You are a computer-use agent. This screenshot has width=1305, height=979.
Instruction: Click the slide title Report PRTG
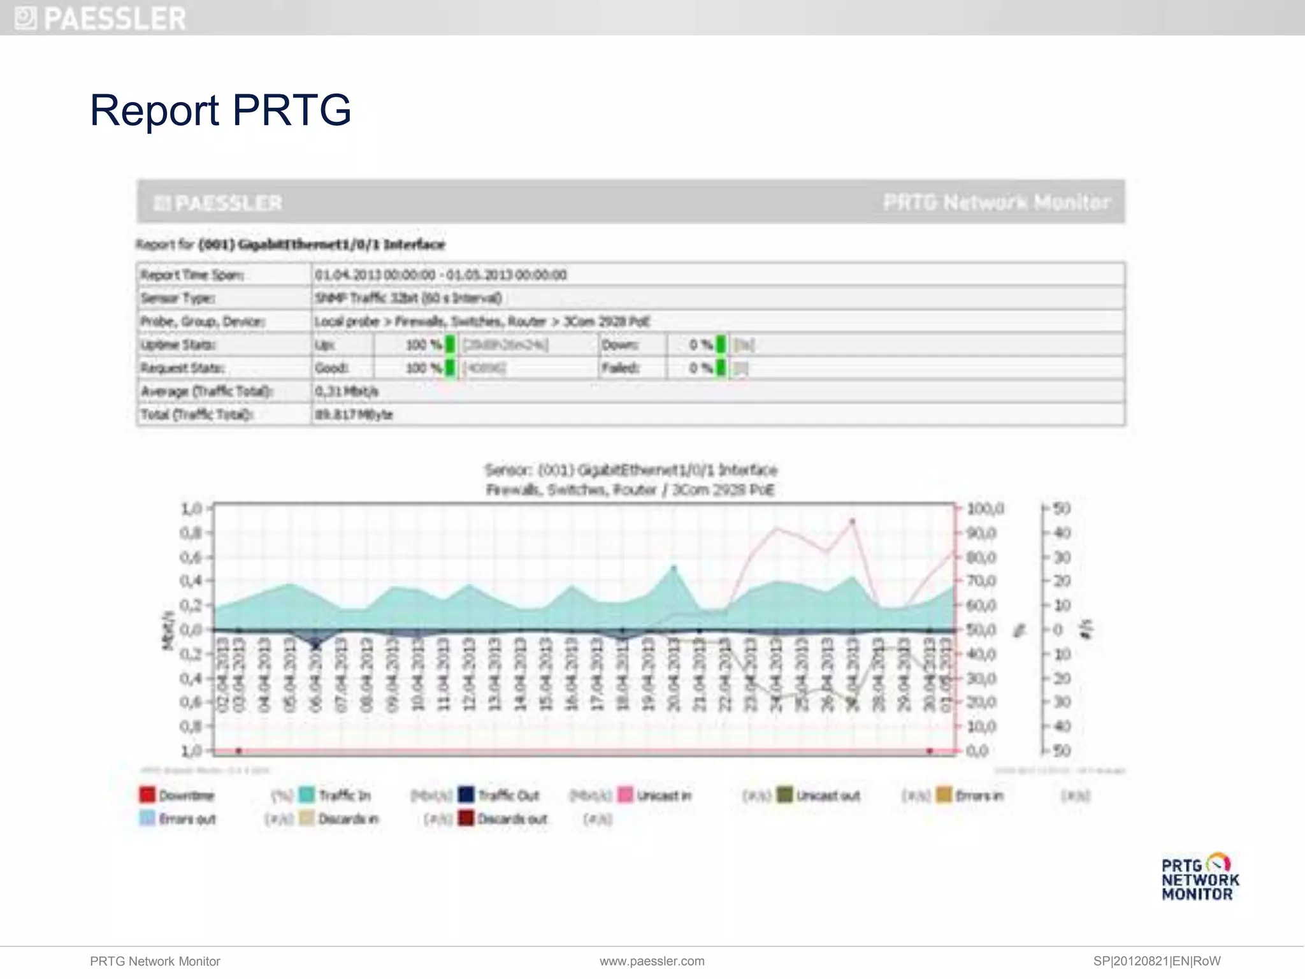coord(220,110)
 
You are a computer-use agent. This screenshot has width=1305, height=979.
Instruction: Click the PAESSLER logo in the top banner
coord(101,18)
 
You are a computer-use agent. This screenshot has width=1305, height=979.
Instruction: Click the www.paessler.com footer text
coord(652,961)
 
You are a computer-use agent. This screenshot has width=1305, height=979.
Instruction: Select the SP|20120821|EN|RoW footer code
coord(1157,961)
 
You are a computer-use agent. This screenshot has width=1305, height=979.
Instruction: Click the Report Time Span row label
coord(192,275)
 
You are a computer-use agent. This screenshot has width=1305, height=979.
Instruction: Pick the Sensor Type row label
coord(178,298)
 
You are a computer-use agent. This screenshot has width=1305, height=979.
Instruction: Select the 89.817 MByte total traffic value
coord(354,415)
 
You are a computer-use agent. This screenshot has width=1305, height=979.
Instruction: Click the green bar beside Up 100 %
coord(450,345)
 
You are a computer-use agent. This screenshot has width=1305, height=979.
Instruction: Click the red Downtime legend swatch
coord(147,795)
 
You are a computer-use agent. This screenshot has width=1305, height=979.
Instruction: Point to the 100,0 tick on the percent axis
coord(985,509)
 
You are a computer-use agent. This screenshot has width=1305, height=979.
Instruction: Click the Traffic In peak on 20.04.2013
coord(674,567)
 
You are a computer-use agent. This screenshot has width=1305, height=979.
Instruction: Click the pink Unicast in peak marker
coord(853,521)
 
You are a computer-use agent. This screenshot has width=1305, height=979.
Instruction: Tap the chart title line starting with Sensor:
coord(630,470)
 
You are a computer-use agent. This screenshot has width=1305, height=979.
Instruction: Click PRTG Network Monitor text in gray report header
coord(997,203)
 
